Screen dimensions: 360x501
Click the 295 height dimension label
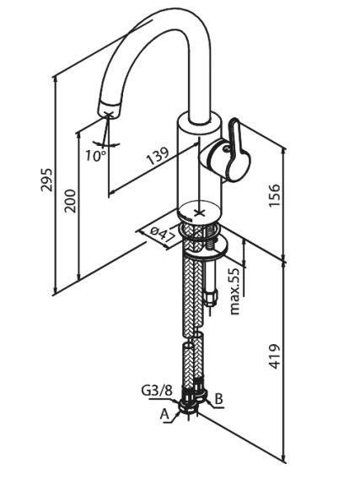47,180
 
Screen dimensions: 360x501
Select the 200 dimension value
70,201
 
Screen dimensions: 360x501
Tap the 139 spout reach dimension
159,156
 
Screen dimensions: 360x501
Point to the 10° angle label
95,155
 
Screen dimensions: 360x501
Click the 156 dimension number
274,195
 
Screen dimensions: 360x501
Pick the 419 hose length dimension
274,357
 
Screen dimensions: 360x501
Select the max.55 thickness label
234,291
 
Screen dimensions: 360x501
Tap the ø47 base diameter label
162,234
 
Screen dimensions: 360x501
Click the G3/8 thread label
157,390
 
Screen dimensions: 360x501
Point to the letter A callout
164,414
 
